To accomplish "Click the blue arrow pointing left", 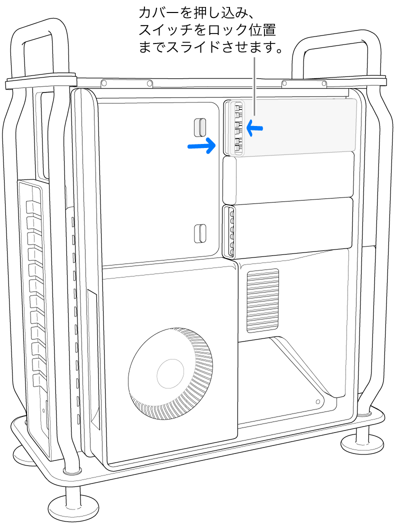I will (254, 129).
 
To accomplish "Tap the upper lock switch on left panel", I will (199, 127).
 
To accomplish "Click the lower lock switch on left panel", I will (199, 232).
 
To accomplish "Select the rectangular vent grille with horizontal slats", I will (262, 300).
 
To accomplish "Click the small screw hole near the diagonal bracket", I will (318, 401).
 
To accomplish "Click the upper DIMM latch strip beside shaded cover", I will (237, 128).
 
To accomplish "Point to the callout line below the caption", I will (254, 85).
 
